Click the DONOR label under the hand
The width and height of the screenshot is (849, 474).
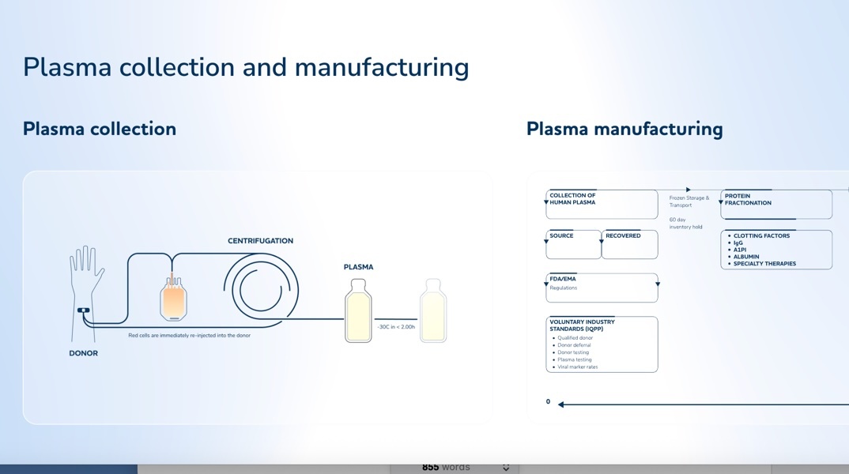(x=83, y=353)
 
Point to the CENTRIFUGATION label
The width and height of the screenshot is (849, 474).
(x=260, y=241)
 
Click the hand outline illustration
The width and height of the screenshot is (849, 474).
(x=86, y=276)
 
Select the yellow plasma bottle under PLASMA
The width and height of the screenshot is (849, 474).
(x=358, y=312)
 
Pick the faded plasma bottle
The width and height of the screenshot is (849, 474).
(x=433, y=312)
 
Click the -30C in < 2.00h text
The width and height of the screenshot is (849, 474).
(x=395, y=326)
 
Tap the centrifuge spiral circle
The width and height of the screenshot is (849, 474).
(x=261, y=290)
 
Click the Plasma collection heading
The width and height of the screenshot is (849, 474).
(x=100, y=129)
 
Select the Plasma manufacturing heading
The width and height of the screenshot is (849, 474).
(x=624, y=129)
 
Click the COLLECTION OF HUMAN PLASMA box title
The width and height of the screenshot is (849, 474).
(x=573, y=199)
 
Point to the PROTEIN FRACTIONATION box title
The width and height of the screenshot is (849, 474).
(x=748, y=199)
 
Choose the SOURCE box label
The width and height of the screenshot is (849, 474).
(x=561, y=235)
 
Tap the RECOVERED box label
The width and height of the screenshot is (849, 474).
(x=623, y=235)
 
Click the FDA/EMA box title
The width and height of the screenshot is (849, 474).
(x=564, y=279)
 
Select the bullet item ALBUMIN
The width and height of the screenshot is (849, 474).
(x=746, y=257)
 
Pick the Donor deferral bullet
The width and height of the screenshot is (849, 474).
(x=574, y=345)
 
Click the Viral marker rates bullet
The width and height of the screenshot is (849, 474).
(x=577, y=367)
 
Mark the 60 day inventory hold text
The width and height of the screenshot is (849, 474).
(x=685, y=223)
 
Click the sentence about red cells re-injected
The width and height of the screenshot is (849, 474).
(x=189, y=335)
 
